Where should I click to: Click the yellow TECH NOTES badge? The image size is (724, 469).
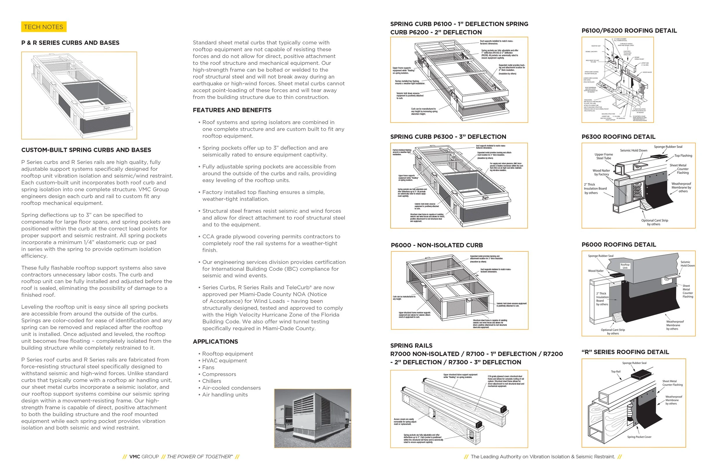click(43, 27)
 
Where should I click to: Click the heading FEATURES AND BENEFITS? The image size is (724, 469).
click(232, 110)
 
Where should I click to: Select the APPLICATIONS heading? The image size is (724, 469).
click(215, 341)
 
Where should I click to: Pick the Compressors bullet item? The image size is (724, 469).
click(219, 374)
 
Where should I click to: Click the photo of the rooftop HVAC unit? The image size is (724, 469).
click(312, 418)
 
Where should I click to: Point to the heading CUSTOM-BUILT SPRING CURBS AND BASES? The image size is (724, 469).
click(86, 150)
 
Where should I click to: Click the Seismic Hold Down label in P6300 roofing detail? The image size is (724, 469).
click(633, 150)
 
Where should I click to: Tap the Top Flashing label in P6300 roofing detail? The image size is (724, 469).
click(683, 156)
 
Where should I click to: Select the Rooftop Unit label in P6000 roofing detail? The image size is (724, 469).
click(625, 266)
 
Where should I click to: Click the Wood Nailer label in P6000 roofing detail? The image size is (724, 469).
click(596, 271)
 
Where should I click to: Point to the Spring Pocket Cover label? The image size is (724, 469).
click(639, 437)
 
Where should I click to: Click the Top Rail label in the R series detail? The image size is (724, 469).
click(616, 372)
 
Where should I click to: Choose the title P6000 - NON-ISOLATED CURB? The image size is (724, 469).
click(436, 245)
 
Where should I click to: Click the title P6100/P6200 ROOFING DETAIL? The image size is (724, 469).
click(629, 30)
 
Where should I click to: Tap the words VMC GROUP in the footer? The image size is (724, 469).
click(144, 457)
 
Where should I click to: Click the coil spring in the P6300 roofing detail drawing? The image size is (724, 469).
click(637, 192)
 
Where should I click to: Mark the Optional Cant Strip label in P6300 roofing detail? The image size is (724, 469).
click(655, 222)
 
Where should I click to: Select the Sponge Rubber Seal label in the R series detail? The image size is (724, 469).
click(634, 363)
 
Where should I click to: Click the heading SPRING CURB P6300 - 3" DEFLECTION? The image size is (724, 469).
click(448, 137)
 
